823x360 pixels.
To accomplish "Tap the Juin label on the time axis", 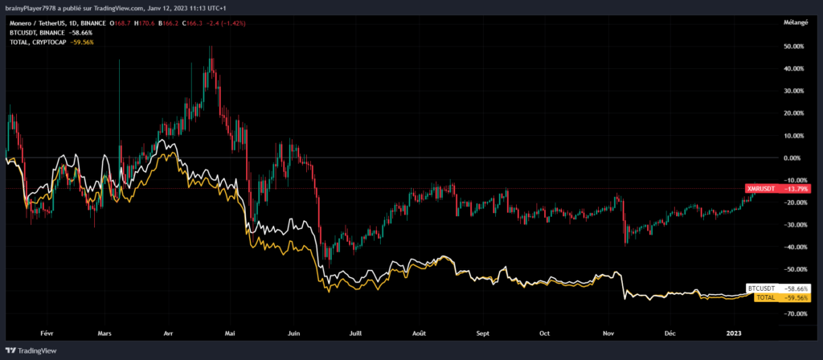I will (x=294, y=332).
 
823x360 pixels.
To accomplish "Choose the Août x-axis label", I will (x=419, y=332).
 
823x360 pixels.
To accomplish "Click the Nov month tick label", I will (x=608, y=332).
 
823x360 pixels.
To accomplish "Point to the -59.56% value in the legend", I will (x=83, y=41).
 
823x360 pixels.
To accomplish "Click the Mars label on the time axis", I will (x=103, y=332).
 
